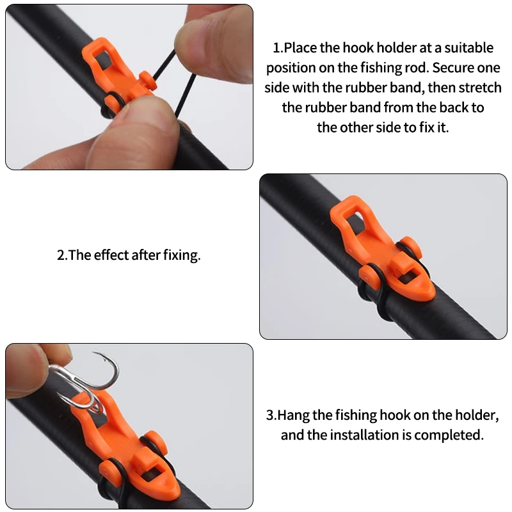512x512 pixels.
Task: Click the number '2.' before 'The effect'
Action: click(x=62, y=255)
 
